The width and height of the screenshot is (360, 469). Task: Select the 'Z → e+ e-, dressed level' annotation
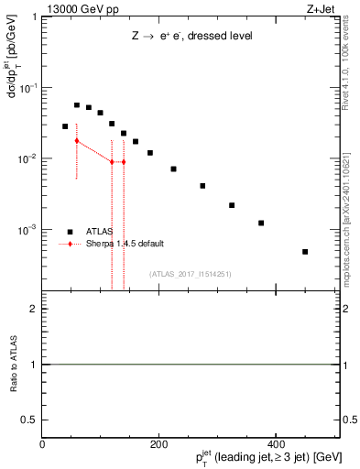tap(191, 37)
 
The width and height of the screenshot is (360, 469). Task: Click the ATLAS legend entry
tap(100, 231)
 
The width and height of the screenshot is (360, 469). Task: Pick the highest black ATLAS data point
tap(77, 105)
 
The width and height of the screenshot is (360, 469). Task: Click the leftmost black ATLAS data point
tap(65, 126)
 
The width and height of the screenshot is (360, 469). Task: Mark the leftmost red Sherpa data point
tap(77, 140)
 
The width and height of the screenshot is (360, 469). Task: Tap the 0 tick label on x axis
tap(43, 444)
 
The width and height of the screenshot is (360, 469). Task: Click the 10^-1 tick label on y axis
tap(28, 88)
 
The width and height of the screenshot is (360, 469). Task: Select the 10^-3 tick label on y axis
tap(28, 230)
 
